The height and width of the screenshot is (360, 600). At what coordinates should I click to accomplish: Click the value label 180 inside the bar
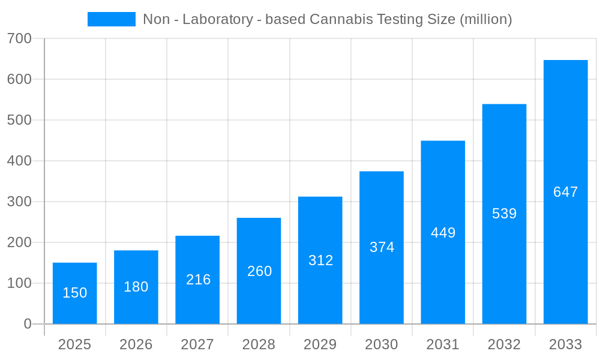(136, 287)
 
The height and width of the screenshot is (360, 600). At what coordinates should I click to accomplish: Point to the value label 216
(198, 280)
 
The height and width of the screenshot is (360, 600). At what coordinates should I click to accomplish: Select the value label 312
(320, 260)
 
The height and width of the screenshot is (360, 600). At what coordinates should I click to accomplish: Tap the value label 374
(382, 247)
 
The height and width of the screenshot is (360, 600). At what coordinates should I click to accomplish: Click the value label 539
(504, 214)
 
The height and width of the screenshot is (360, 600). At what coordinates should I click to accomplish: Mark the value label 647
(565, 192)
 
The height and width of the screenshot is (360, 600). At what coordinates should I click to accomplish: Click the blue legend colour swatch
(112, 19)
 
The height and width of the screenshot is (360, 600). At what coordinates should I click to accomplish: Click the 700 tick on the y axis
(20, 38)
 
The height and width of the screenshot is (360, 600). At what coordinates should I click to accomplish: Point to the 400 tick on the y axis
(20, 161)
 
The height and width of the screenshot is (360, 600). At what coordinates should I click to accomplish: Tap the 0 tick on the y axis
(28, 324)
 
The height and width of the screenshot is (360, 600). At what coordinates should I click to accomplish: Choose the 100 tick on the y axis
(20, 283)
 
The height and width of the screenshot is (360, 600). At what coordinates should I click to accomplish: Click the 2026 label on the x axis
(136, 344)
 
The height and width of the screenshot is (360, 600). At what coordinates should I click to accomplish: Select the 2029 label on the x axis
(320, 344)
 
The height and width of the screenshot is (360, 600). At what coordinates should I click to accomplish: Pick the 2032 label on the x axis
(504, 344)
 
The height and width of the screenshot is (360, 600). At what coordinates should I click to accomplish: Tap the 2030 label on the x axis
(382, 344)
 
